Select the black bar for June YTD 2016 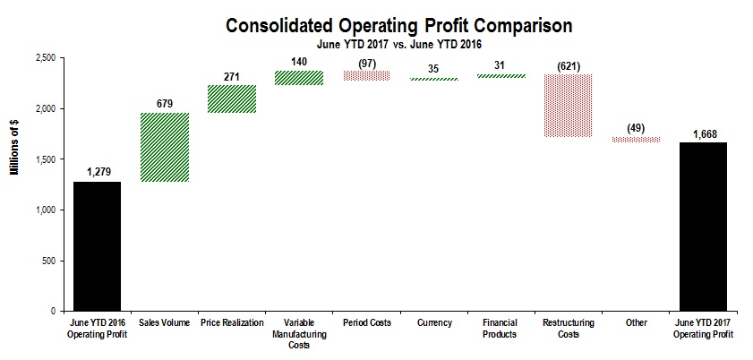pos(97,246)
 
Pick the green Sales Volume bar pos(165,147)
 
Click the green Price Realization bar pos(232,99)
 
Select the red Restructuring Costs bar pos(569,105)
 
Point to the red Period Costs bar pos(366,75)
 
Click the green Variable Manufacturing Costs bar pos(299,78)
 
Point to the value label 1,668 pos(703,134)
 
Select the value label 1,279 pos(97,173)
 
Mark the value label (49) pos(636,128)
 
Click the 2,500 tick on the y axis pos(43,58)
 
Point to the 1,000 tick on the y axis pos(43,210)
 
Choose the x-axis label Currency pos(433,322)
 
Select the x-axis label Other pos(636,322)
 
